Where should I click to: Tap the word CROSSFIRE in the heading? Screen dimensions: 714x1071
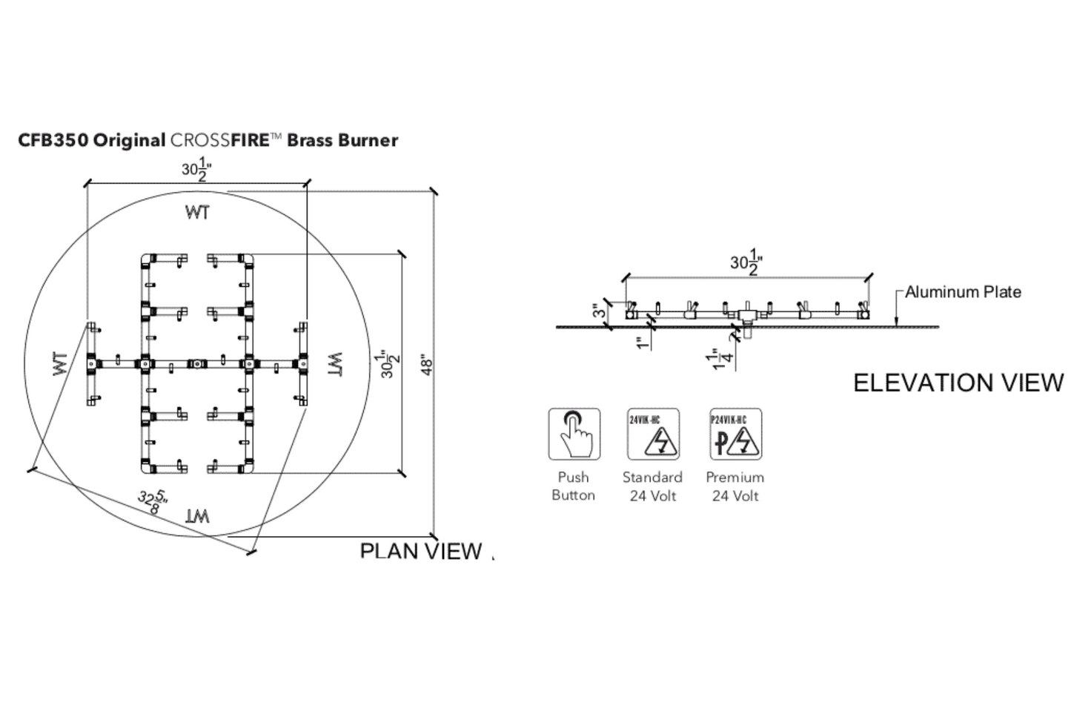219,140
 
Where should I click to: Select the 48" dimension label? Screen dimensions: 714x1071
427,364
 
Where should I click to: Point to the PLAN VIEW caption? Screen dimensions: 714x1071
420,551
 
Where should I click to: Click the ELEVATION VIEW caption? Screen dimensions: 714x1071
958,383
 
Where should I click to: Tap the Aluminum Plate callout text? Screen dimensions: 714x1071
963,292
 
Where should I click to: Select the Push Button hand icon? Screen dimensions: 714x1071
574,434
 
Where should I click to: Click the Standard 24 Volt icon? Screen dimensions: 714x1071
653,434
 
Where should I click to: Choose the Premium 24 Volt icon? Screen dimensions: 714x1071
735,434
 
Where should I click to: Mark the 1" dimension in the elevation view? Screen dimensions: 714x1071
643,343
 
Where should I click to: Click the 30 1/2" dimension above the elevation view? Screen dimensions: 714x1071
746,262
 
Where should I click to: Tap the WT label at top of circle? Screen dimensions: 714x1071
196,213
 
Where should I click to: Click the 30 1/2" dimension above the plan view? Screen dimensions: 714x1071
197,169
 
